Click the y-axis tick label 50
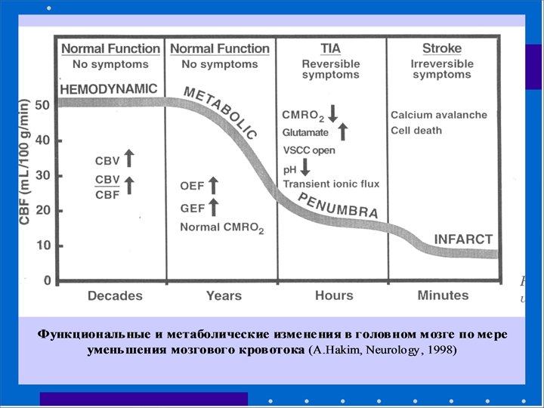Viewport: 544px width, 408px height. [42, 105]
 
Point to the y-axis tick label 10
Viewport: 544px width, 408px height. [42, 246]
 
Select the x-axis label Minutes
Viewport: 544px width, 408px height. [443, 295]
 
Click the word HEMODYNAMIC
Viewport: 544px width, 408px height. [108, 89]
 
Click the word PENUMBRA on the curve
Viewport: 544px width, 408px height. [338, 206]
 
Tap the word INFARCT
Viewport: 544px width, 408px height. [462, 239]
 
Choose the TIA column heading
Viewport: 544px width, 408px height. [330, 48]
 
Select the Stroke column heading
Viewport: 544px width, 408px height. [442, 48]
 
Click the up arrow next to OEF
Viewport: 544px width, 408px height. [213, 184]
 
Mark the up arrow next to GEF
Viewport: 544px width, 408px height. [213, 206]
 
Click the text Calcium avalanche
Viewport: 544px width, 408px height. [439, 115]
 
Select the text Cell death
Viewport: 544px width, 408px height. [416, 131]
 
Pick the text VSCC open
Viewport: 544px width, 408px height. [309, 150]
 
